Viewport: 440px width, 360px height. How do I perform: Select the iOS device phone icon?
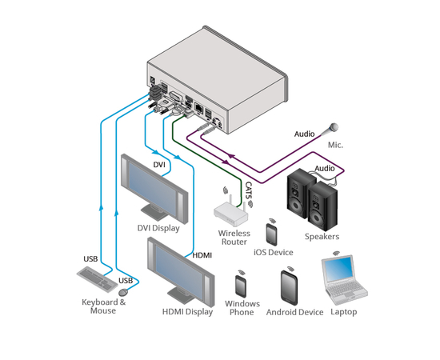[x=271, y=234]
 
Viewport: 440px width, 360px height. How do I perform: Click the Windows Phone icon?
[x=241, y=286]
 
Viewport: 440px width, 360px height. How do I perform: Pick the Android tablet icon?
[x=289, y=288]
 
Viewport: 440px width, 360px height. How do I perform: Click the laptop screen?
[x=338, y=269]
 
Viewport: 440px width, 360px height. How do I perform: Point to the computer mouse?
[x=123, y=292]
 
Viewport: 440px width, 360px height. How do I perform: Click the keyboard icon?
[x=97, y=278]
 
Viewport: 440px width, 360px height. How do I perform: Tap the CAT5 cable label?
[x=248, y=191]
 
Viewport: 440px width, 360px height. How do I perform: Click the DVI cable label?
[x=159, y=165]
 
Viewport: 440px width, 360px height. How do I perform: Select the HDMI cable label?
[x=202, y=255]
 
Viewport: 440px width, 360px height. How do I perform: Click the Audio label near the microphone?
[x=304, y=134]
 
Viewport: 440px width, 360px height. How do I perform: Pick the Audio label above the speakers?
[x=324, y=168]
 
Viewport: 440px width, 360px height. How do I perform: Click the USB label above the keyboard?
[x=90, y=258]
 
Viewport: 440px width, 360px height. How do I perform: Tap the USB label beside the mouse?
[x=126, y=281]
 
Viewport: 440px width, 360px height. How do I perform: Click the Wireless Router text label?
[x=234, y=238]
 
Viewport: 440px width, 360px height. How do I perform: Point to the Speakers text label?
[x=322, y=237]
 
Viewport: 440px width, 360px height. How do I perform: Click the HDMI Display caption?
[x=187, y=312]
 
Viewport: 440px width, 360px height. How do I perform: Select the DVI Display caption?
[x=158, y=228]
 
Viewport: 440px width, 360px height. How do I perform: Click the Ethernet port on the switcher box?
[x=198, y=108]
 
